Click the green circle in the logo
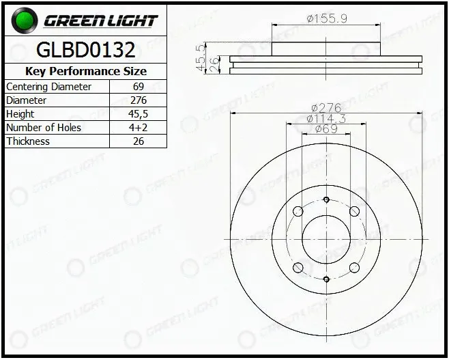point(25,20)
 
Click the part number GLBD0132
point(85,50)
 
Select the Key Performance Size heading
point(86,71)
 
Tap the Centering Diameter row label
point(48,87)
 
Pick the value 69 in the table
point(139,87)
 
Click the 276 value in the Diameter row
point(139,100)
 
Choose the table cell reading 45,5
point(139,114)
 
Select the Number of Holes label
point(44,128)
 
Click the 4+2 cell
point(139,128)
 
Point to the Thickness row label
point(28,141)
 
